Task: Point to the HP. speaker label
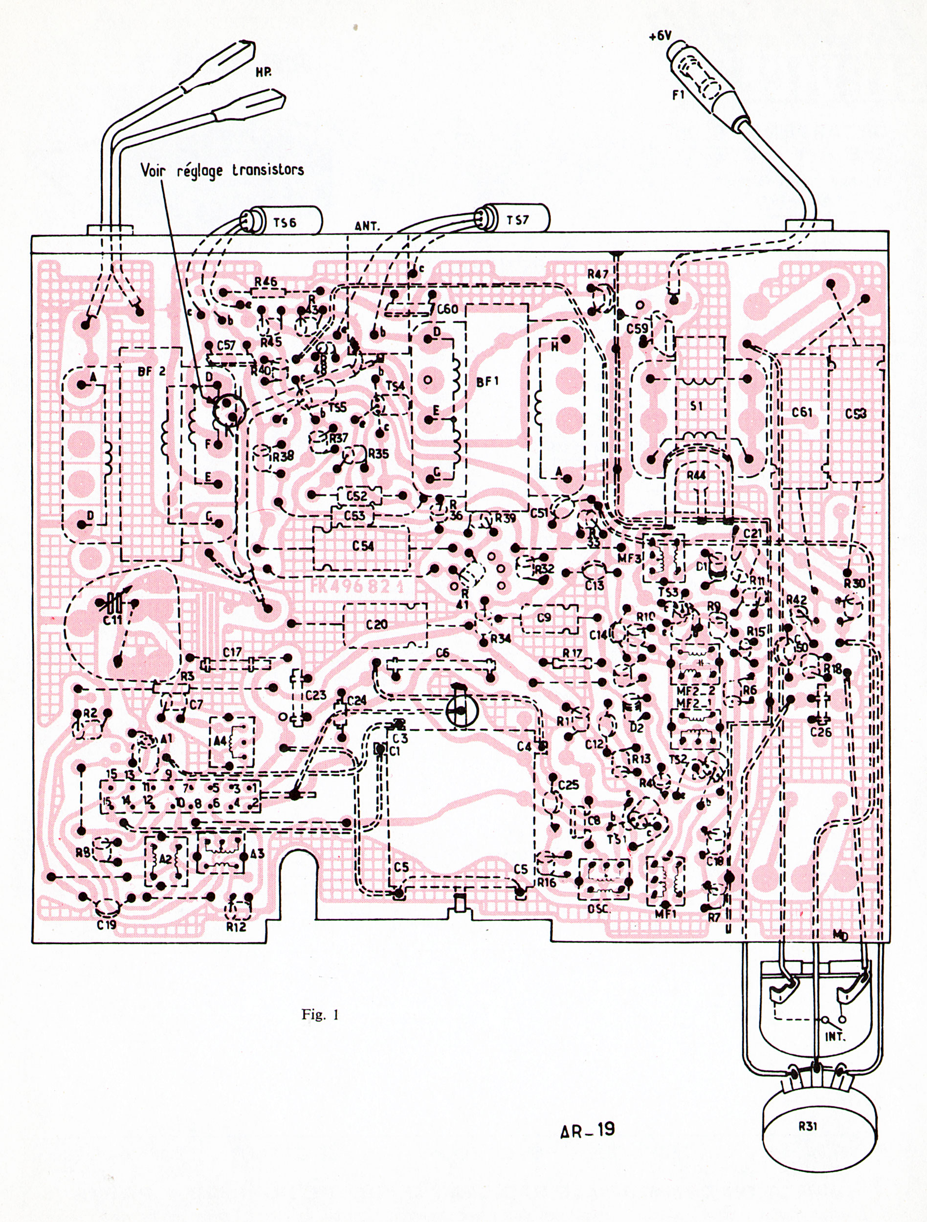(263, 72)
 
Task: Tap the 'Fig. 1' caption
(320, 1015)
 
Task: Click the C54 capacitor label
(363, 546)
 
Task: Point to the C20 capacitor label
(377, 624)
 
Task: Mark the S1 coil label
(696, 406)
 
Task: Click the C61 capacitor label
(802, 412)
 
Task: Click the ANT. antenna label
(367, 226)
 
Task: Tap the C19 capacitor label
(106, 922)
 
